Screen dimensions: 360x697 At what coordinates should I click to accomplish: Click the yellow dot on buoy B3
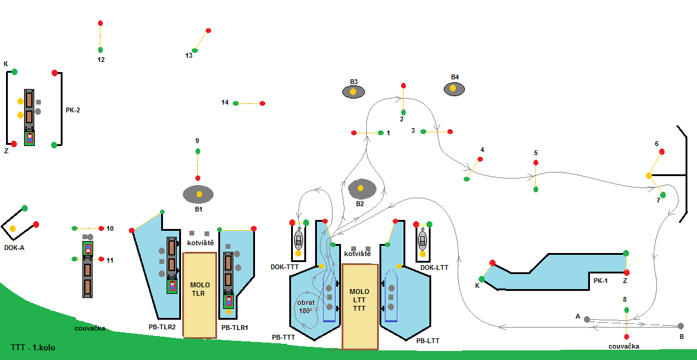[354, 92]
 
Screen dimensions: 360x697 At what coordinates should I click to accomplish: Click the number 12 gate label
[100, 59]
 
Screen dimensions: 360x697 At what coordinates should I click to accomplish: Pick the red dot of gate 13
[208, 31]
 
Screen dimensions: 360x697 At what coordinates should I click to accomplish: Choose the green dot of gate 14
[236, 103]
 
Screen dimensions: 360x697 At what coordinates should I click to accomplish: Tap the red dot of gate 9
[197, 178]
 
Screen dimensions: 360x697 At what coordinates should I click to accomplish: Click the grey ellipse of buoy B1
[198, 194]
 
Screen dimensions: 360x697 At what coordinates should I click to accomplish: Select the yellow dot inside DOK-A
[13, 228]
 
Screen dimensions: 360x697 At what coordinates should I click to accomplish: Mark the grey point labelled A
[587, 319]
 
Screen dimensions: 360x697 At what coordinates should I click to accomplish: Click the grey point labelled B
[681, 326]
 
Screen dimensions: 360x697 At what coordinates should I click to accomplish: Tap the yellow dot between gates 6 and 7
[649, 175]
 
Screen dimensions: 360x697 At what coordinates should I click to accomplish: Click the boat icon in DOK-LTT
[423, 240]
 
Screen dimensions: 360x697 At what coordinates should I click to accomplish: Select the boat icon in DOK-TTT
[298, 240]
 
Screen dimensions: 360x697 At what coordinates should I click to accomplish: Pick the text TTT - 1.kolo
[32, 348]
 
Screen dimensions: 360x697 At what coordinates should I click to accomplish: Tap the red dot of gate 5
[535, 163]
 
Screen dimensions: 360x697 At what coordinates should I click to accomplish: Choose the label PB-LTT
[428, 341]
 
